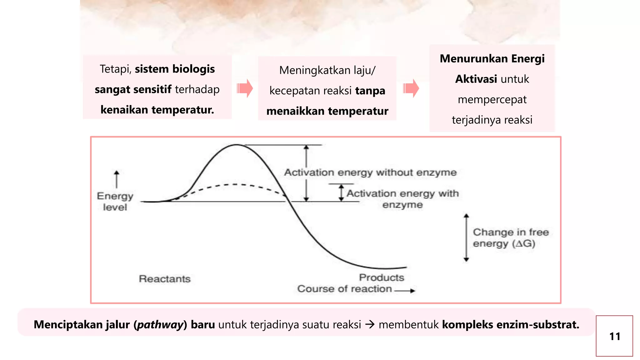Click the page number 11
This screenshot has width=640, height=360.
615,336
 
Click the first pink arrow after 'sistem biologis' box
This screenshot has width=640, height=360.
245,88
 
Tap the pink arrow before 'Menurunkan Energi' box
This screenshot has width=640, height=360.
411,88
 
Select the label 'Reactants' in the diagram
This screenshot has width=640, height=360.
165,279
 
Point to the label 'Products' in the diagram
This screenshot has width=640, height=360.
382,277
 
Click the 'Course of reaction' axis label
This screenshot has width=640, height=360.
344,289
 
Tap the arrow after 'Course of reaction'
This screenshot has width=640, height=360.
405,291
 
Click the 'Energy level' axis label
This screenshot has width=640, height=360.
115,202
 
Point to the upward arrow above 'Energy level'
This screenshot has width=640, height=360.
117,179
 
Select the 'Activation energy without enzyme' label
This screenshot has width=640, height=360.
370,172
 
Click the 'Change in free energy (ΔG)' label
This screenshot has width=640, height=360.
511,238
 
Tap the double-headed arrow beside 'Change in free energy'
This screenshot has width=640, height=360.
466,237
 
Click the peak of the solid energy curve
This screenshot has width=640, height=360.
237,145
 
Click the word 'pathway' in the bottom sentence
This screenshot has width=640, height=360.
160,325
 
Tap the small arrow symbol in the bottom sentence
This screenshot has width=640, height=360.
370,325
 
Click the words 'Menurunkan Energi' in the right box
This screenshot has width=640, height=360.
492,59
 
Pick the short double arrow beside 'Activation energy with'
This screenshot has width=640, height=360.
341,192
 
